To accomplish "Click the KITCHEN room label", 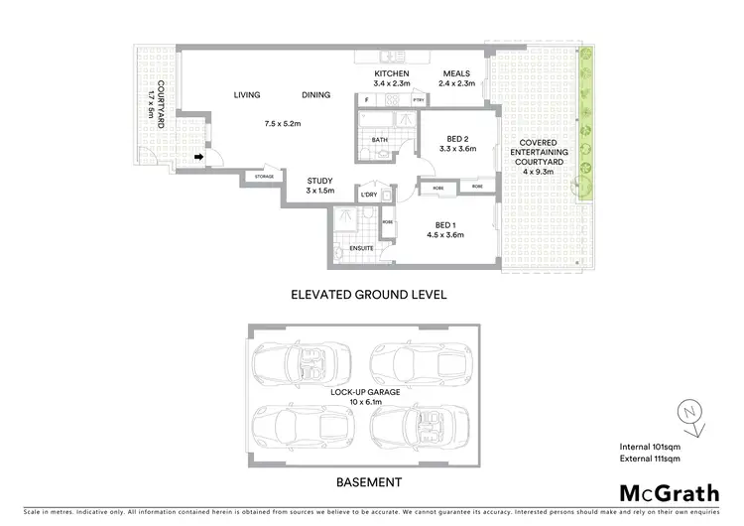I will point(392,75).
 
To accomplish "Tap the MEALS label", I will point(456,75).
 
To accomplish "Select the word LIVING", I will point(247,95).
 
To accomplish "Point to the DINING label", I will point(316,95).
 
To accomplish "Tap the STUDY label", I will point(320,180).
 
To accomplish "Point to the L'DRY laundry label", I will point(369,195).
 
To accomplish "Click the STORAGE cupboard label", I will point(263,177).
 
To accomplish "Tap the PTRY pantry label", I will point(419,100).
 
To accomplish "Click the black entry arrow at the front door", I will point(199,156).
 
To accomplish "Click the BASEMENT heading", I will point(368,482).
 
